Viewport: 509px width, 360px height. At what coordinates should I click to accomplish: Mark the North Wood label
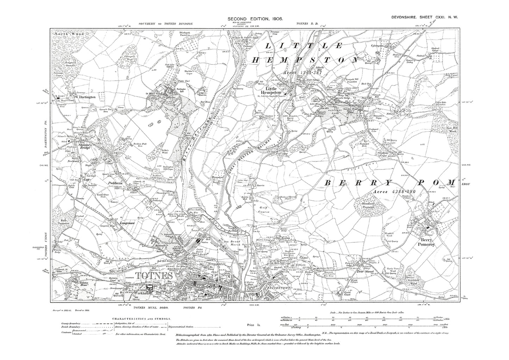pos(64,34)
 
